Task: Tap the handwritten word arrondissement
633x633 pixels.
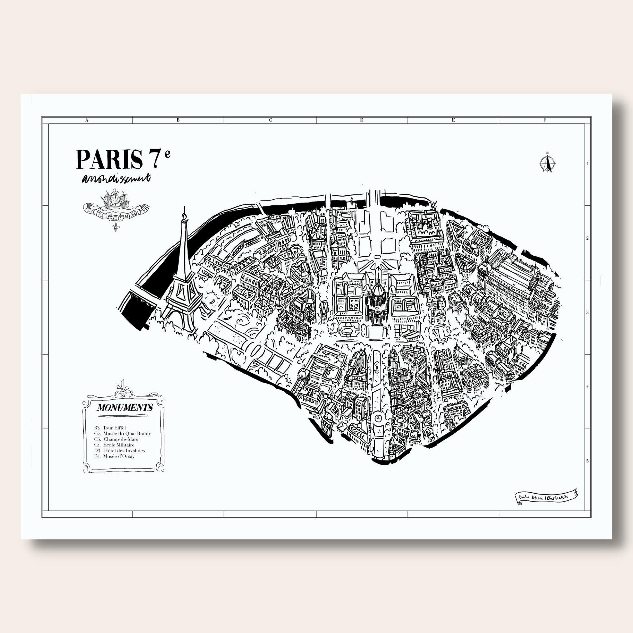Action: (116, 179)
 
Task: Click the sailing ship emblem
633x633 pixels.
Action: (115, 202)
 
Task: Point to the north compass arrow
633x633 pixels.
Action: (547, 163)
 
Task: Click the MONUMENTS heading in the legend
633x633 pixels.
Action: (125, 408)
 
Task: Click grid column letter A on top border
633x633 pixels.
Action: (87, 120)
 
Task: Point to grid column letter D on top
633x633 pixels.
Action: (362, 120)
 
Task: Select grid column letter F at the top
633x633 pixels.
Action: (544, 120)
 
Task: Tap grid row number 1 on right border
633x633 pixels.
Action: (587, 164)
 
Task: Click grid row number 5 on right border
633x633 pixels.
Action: (587, 461)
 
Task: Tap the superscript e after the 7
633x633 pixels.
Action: (168, 154)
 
